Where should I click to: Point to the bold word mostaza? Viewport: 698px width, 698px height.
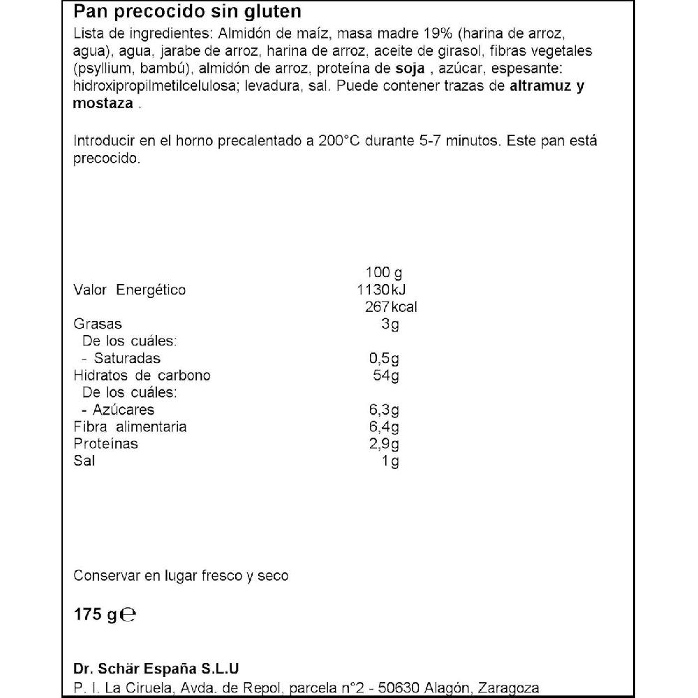click(x=103, y=103)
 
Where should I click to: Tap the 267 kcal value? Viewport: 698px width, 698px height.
click(x=391, y=307)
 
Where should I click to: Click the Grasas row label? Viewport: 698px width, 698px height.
click(x=98, y=324)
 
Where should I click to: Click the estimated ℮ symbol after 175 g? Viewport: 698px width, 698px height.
click(x=127, y=616)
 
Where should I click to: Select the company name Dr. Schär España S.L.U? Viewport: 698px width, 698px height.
click(x=160, y=667)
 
